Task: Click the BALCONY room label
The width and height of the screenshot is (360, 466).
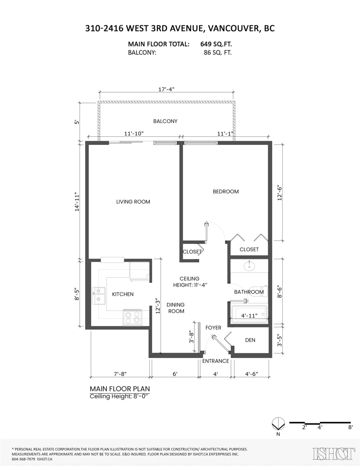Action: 165,121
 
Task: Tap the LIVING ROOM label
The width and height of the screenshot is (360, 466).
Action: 133,202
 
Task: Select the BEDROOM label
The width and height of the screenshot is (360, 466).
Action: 226,191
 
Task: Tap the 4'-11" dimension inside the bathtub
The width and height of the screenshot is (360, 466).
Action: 249,316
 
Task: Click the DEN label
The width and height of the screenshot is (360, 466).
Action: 250,340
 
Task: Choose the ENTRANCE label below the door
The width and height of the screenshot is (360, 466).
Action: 216,361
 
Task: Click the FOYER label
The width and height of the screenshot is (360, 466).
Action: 213,328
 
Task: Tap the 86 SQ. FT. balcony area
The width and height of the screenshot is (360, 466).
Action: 217,53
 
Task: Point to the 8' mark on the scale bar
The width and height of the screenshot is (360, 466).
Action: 350,427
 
